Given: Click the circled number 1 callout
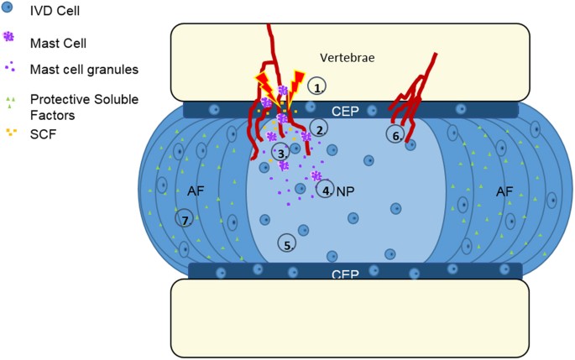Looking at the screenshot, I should pos(316,86).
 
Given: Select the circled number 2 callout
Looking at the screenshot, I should pos(318,128).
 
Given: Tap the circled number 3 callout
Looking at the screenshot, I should pos(281,152).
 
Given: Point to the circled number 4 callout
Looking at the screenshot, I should pos(326,190).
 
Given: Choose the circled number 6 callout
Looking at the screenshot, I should pos(395,134).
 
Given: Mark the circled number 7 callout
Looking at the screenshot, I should pos(184,219).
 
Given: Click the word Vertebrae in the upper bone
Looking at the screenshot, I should pos(346,58).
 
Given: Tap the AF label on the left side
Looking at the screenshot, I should pos(196,191).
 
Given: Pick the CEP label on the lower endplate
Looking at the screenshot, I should pos(346,274).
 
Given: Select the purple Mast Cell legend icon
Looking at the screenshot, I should pos(9,38).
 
